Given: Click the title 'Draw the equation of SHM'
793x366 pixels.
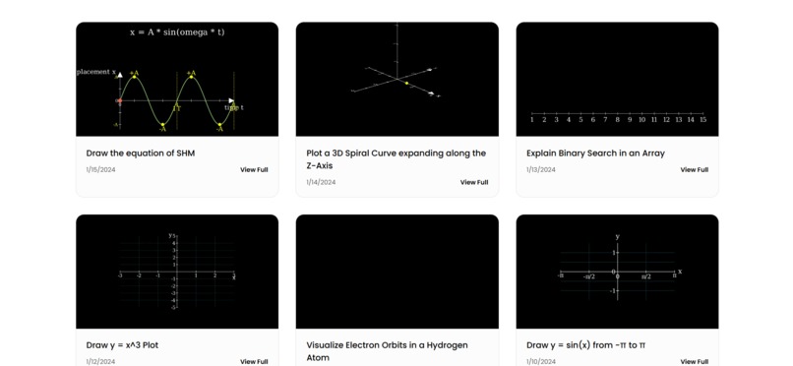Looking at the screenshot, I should [140, 153].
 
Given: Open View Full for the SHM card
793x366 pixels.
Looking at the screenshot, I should [254, 170].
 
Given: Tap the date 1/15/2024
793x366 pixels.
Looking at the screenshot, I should [100, 170].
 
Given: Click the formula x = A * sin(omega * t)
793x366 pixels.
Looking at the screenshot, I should [177, 32].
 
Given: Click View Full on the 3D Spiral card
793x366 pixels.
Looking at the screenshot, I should [474, 182].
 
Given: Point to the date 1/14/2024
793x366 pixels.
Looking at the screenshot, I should [321, 182].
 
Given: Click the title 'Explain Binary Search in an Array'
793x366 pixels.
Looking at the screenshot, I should [595, 153].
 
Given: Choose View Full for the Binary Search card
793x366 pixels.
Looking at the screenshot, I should [694, 170].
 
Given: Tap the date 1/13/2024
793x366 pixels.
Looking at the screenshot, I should [540, 170].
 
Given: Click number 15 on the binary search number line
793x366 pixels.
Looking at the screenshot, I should [702, 120].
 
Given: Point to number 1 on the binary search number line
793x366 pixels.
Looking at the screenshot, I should [532, 120].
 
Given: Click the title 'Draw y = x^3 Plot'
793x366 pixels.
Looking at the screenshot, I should [122, 345].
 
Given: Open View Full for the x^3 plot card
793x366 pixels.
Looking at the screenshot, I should [254, 361].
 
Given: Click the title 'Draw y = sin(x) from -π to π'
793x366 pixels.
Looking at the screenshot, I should [585, 345].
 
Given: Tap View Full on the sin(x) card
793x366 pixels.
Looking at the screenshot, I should [694, 361].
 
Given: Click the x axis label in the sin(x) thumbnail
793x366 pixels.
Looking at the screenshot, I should [679, 271].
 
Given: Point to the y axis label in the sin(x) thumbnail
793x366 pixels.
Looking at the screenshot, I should [617, 237].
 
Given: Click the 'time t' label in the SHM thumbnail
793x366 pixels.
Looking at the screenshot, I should [234, 107].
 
